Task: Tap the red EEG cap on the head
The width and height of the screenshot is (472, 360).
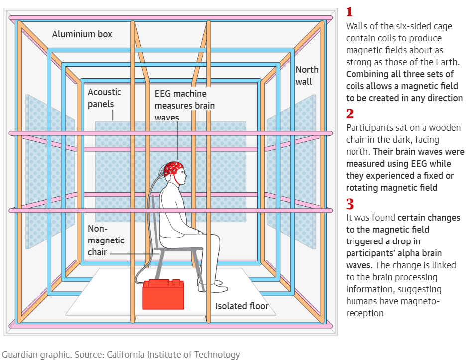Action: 174,169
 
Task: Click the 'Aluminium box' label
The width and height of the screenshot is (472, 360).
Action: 82,34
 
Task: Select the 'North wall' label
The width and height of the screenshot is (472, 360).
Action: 307,75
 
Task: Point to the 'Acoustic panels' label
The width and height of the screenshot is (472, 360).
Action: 104,98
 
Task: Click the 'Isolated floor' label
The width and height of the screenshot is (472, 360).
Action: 241,306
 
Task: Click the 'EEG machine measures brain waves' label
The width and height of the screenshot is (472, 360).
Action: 184,105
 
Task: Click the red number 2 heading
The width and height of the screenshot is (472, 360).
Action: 350,113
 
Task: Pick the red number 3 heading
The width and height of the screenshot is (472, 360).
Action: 350,204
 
